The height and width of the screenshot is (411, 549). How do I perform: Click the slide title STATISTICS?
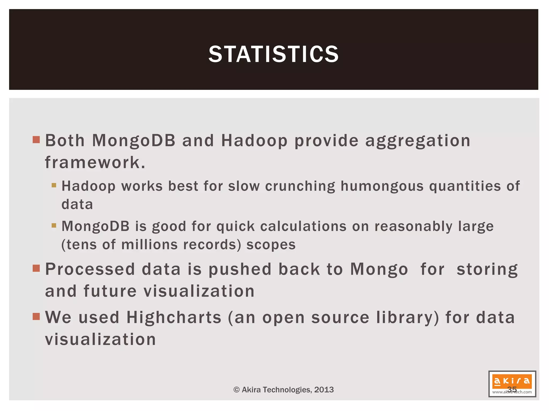pos(273,54)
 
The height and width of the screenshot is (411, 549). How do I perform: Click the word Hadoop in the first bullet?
pos(254,141)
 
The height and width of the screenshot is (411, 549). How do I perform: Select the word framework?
pos(95,162)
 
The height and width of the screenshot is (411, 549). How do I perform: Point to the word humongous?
pos(382,186)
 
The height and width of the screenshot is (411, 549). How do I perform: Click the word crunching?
pos(300,186)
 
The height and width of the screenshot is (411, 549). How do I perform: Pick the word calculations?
pos(303,226)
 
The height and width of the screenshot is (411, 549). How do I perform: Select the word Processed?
pos(90,269)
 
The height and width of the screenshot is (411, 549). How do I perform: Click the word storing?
pos(487,269)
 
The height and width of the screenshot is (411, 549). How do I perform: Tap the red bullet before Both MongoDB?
pos(36,140)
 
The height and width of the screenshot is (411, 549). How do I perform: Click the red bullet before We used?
pos(36,317)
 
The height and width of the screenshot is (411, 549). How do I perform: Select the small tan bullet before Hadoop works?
pos(54,185)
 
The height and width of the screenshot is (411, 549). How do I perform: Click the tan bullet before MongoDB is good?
pos(54,225)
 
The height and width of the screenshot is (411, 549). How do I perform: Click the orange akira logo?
pos(512,381)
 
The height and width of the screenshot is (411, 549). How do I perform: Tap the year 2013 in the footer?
pos(324,390)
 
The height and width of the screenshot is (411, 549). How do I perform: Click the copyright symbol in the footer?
pos(236,390)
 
